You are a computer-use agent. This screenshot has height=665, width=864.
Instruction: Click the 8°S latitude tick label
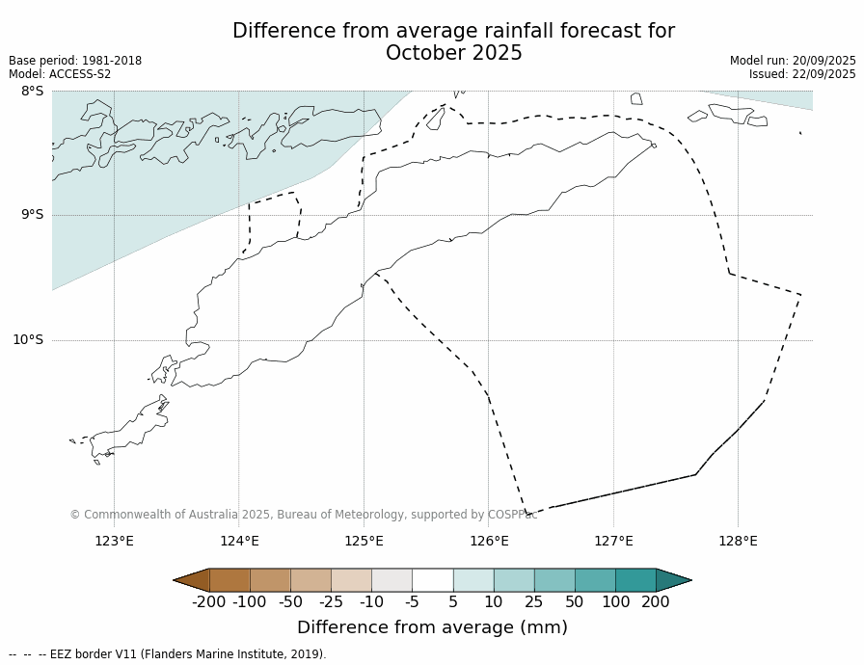(32, 92)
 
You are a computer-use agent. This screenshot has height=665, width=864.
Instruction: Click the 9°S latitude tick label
(32, 215)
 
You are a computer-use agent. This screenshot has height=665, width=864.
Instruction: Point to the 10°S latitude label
(28, 339)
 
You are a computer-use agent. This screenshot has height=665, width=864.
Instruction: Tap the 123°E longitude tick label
(114, 541)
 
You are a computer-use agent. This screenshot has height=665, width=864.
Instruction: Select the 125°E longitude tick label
(364, 541)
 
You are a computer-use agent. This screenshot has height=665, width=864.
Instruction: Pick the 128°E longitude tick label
(738, 541)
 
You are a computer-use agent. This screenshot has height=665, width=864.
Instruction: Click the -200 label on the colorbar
(208, 602)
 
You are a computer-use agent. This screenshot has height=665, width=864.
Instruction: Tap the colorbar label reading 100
(614, 602)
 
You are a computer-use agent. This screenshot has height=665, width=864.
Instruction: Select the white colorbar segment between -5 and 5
(432, 580)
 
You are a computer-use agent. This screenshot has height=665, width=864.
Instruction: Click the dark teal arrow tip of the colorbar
(675, 580)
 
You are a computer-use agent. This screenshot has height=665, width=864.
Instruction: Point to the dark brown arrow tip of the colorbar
(190, 580)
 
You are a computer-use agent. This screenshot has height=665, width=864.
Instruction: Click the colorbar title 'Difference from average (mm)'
(432, 627)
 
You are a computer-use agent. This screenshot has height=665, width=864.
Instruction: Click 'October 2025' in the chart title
(453, 54)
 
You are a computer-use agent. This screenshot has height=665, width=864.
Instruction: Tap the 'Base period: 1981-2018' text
(75, 61)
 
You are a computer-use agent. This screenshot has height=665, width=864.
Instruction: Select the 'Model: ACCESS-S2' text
(60, 74)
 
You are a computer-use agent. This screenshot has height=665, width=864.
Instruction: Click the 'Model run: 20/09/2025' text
(793, 61)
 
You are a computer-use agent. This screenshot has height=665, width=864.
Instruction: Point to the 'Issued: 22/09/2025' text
(802, 74)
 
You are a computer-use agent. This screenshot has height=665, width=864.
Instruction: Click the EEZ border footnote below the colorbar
(168, 654)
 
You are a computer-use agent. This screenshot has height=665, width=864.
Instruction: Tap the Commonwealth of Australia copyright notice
(303, 515)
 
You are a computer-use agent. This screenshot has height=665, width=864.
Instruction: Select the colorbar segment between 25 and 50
(553, 580)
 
